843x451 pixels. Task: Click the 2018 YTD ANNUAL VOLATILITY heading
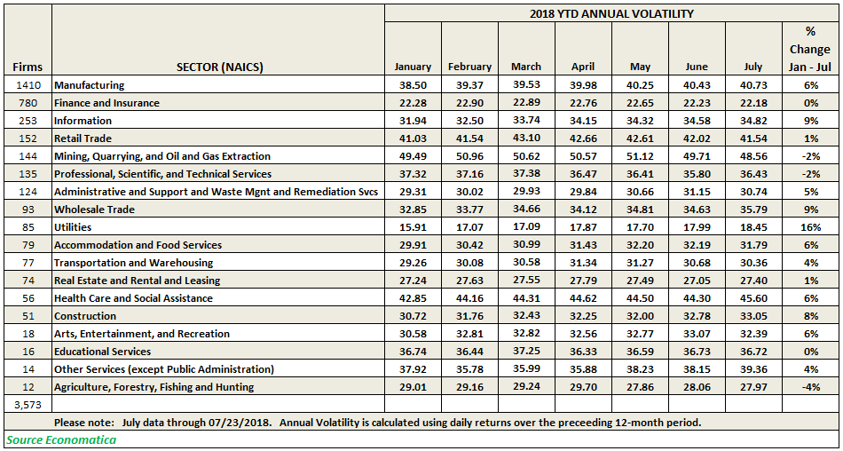[x=611, y=14]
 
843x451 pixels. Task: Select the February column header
[x=470, y=67]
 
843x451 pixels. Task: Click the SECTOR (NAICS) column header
[x=218, y=67]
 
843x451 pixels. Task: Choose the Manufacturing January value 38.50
[x=413, y=85]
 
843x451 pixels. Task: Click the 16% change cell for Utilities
[x=811, y=227]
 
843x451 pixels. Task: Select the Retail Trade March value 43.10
[x=526, y=138]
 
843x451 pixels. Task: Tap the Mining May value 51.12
[x=641, y=156]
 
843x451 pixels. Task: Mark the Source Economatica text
[x=61, y=439]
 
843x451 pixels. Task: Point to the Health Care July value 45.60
[x=753, y=298]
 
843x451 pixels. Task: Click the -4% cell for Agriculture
[x=811, y=387]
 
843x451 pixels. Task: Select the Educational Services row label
[x=103, y=352]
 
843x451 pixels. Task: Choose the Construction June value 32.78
[x=697, y=316]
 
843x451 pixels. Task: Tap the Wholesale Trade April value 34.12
[x=583, y=210]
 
